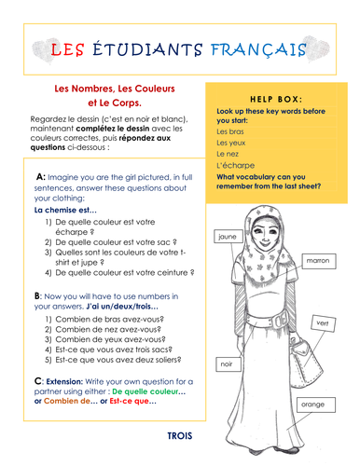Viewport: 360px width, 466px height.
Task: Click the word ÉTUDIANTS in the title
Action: [156, 49]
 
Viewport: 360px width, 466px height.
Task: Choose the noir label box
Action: [224, 363]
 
